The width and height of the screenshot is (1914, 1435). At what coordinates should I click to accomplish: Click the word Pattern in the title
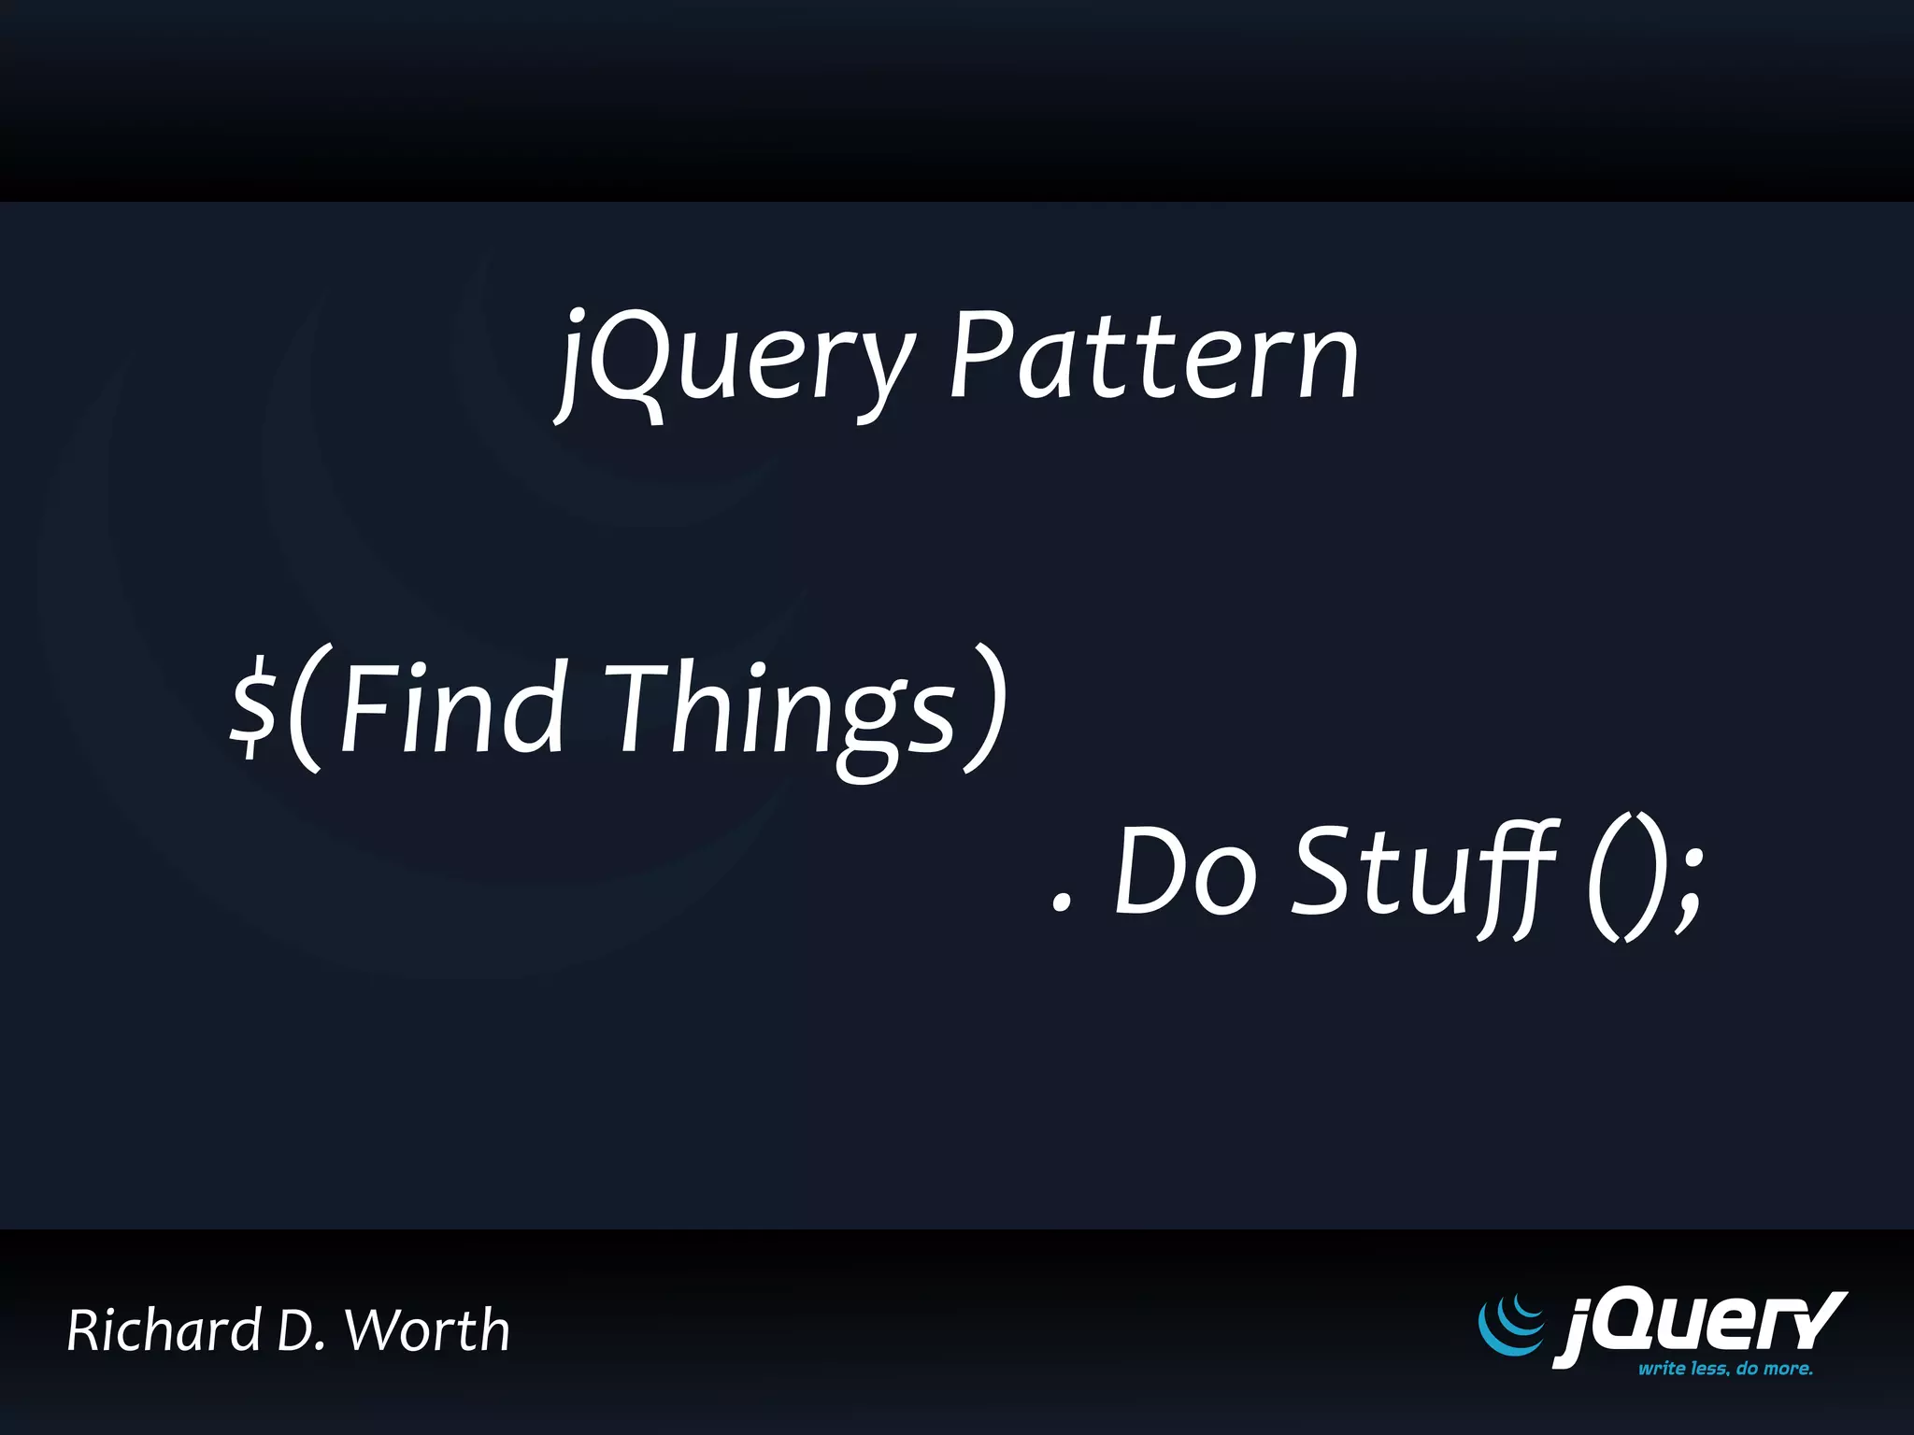tap(1153, 355)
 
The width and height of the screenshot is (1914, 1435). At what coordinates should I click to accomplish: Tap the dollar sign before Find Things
tap(253, 707)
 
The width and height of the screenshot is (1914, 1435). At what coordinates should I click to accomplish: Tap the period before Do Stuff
tap(1060, 902)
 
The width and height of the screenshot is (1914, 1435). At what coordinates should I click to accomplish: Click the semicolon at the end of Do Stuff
tap(1689, 888)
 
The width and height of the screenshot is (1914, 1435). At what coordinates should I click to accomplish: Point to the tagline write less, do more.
tap(1724, 1369)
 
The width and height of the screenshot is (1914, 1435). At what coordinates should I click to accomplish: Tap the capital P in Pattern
tap(981, 355)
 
